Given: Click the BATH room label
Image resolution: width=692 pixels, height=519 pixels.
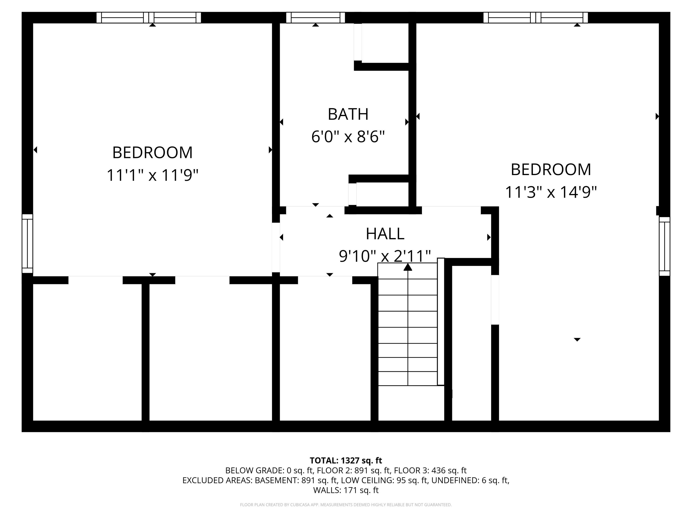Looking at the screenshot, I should pos(348,114).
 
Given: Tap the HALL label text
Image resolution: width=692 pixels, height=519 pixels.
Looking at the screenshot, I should pos(385,234).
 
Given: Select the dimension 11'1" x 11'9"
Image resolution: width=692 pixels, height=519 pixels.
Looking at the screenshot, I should pos(152,175).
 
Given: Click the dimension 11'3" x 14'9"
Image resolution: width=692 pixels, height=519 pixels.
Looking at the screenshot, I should pos(551,192).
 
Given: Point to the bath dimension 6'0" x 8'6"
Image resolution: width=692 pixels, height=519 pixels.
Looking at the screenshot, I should pos(348,137).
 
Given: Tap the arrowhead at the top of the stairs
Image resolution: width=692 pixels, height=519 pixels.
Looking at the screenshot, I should pos(408,267).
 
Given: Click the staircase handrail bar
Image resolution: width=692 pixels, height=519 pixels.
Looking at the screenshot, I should pos(441,322).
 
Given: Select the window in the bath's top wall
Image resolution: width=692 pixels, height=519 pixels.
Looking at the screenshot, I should pos(315,18).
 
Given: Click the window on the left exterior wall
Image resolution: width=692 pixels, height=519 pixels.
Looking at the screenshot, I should pos(27,243).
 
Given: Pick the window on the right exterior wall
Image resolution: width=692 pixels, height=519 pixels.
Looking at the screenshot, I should pos(665,246).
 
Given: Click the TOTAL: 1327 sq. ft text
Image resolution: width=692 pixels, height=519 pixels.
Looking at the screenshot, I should pos(346,460).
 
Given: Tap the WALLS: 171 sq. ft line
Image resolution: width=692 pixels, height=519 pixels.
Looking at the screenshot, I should pos(346,490).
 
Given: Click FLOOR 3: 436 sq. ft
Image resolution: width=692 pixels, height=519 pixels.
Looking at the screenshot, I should pos(430,471).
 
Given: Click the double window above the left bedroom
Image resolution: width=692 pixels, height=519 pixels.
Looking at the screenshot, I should pos(149,18).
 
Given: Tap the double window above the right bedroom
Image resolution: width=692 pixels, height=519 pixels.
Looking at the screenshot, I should pos(535,18).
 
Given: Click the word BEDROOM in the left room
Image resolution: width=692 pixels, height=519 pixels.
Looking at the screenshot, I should pos(152,153).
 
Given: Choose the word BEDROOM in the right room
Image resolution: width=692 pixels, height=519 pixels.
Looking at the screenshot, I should pos(551,170).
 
